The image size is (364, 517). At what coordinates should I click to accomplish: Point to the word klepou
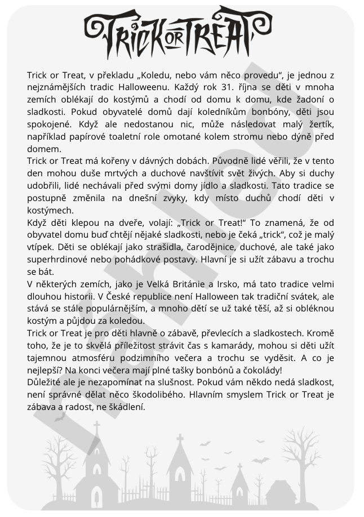[82, 222]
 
